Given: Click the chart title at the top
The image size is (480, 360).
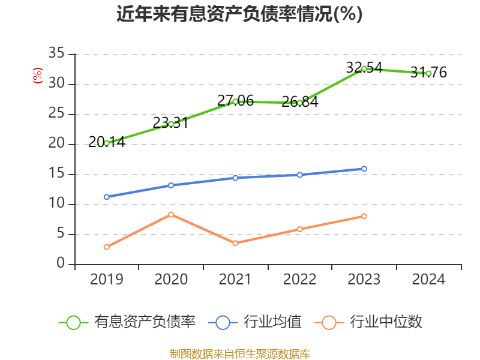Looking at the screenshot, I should pos(239,14).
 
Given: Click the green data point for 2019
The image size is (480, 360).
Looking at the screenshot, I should pos(107,143).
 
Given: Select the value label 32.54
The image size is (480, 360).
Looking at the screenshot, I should pos(364,68).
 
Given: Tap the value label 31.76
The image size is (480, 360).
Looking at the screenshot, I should pos(428,73).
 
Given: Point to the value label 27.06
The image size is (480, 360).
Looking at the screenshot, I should pos(235,101).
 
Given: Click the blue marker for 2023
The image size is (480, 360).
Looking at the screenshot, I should pos(364,169).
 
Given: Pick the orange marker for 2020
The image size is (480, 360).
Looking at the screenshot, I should pos(171,214).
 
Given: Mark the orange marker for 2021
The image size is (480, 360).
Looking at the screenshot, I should pos(235,243).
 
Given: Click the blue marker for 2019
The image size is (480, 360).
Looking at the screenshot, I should pos(107,197).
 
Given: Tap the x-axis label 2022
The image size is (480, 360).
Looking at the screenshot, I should pos(299,280).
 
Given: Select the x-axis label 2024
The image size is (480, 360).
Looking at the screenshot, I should pos(428,280).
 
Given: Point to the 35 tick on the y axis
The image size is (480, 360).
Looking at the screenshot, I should pos(56,54).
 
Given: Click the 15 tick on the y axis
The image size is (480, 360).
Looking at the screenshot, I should pos(56,175).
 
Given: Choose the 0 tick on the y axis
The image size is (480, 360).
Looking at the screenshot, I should pos(61,264).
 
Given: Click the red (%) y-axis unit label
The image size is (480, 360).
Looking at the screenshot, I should pos(37,76).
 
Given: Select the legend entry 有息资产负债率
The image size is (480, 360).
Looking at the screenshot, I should pos(144,322).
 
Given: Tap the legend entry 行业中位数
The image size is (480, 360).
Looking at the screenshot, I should pos(386,322).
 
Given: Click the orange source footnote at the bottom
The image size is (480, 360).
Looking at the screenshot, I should pos(239,353).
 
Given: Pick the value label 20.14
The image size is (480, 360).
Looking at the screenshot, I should pos(107,142).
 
